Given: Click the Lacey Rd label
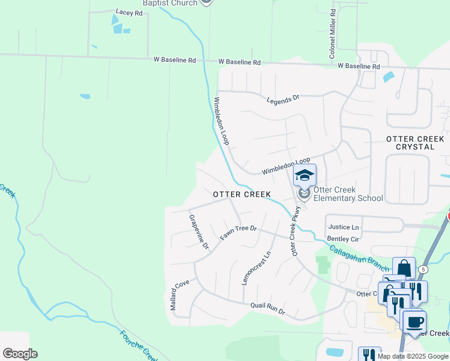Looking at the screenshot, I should point(129,12).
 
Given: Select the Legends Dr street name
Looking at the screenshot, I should point(283,99).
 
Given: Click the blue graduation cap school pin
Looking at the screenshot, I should point(304,175).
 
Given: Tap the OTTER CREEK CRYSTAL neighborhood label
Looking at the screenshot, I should point(418,143).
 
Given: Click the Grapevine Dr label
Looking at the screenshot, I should point(199,232).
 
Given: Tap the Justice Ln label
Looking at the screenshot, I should point(344,227).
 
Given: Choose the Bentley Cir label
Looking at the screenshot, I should point(343,239).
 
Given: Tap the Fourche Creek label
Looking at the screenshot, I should point(138,345).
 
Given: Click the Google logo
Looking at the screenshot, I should point(19,353).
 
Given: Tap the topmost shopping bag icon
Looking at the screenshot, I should point(404,268).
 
